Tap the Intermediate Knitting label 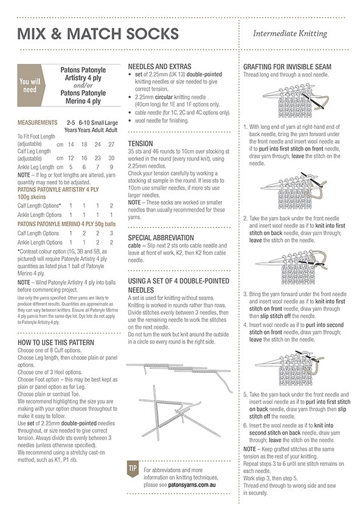click(289, 34)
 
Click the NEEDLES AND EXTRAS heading click(159, 66)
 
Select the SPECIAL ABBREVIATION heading click(161, 238)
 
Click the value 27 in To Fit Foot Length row click(111, 145)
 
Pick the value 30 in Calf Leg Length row click(111, 157)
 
